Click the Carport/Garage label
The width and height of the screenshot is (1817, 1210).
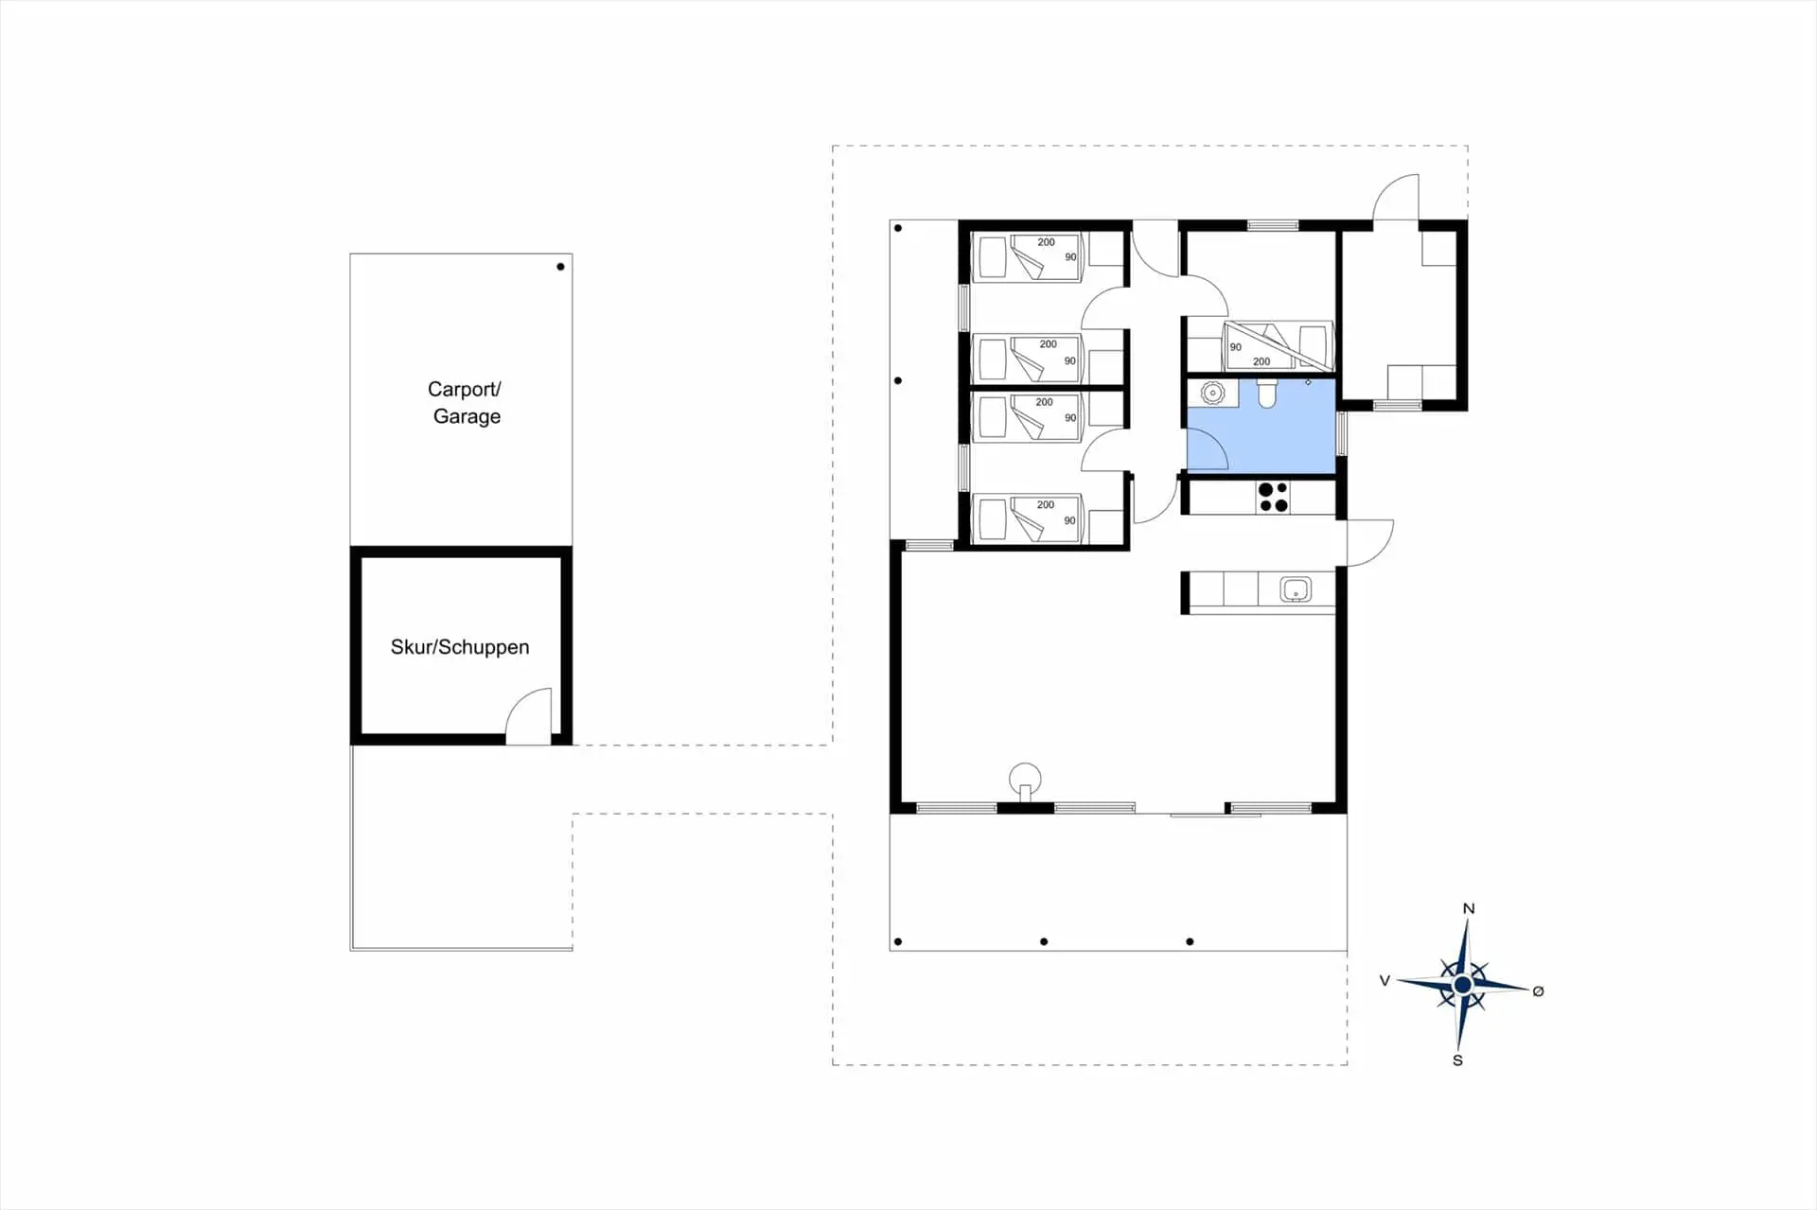465,402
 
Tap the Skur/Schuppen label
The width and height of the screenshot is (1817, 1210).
460,647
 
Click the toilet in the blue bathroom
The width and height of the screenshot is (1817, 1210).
1266,394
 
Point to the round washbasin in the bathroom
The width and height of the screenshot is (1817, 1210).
1212,392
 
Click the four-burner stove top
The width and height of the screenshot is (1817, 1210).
1274,498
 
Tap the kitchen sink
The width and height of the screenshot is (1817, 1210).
1296,589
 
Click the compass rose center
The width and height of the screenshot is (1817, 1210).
1462,985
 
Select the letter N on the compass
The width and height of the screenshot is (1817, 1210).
1469,908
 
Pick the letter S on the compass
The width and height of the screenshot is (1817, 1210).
1457,1061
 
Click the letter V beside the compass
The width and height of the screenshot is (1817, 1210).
1385,981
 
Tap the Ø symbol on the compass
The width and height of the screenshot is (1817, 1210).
1538,991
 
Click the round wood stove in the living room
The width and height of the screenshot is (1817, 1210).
1025,780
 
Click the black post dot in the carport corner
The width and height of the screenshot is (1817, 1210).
560,267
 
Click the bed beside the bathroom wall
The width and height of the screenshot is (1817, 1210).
1278,345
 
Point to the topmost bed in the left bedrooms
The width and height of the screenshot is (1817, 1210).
1027,257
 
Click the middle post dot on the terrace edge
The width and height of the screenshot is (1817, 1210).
1044,941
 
